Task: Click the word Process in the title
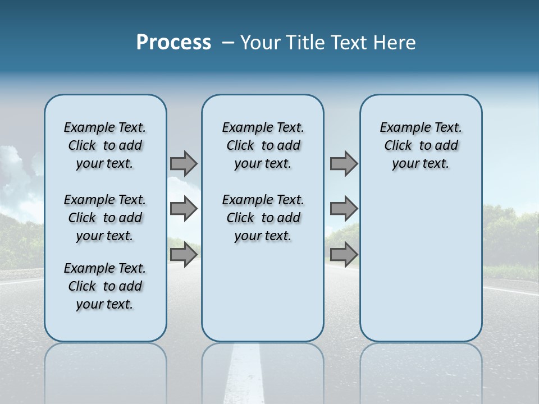173,43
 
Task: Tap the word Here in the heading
395,43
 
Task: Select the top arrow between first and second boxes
184,163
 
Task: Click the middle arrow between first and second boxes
184,209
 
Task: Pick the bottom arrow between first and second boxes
184,254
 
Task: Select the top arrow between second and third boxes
344,163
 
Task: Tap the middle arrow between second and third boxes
344,209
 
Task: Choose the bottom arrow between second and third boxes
344,254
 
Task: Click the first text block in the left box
105,145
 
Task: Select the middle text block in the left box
105,218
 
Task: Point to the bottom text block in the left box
105,286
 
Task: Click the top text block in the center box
263,145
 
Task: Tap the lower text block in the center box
263,218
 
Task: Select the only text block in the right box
421,145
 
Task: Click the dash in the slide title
228,43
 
